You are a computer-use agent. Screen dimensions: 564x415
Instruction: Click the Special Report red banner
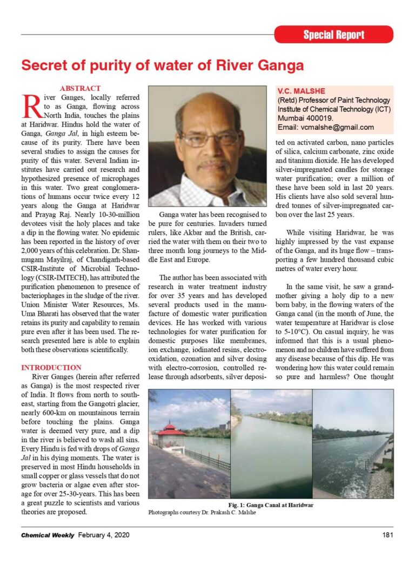point(333,35)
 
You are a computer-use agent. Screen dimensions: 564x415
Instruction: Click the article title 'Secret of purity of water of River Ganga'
point(162,65)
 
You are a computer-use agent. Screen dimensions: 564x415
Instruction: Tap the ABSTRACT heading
point(79,88)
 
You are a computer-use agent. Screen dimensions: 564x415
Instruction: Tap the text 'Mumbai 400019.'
point(305,118)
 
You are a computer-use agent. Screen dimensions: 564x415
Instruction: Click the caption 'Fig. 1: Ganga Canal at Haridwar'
point(271,505)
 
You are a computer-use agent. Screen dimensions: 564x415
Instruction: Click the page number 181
point(387,535)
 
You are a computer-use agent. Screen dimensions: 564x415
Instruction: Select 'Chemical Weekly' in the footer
point(48,535)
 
